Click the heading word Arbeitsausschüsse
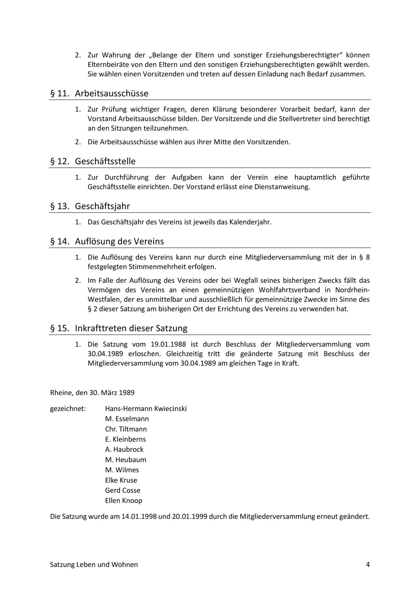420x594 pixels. click(x=112, y=94)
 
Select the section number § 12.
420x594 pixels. click(x=58, y=161)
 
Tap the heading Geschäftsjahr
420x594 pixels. click(x=102, y=206)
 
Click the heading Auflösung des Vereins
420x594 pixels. click(x=119, y=242)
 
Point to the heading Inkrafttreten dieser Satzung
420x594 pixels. click(x=131, y=329)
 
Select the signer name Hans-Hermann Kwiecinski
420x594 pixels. click(x=146, y=409)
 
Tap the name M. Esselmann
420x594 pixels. click(x=127, y=419)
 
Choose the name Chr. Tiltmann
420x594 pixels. click(x=126, y=429)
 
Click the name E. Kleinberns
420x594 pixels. click(x=125, y=439)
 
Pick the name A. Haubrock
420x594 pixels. click(x=124, y=449)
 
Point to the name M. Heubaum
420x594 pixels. click(x=125, y=460)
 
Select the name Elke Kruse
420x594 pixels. click(x=121, y=480)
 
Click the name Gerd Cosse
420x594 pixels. click(x=122, y=490)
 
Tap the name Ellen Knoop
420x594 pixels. click(x=124, y=500)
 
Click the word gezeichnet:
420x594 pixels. click(x=68, y=409)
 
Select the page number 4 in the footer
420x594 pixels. click(x=367, y=565)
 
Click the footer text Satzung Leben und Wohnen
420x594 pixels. click(x=94, y=565)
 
